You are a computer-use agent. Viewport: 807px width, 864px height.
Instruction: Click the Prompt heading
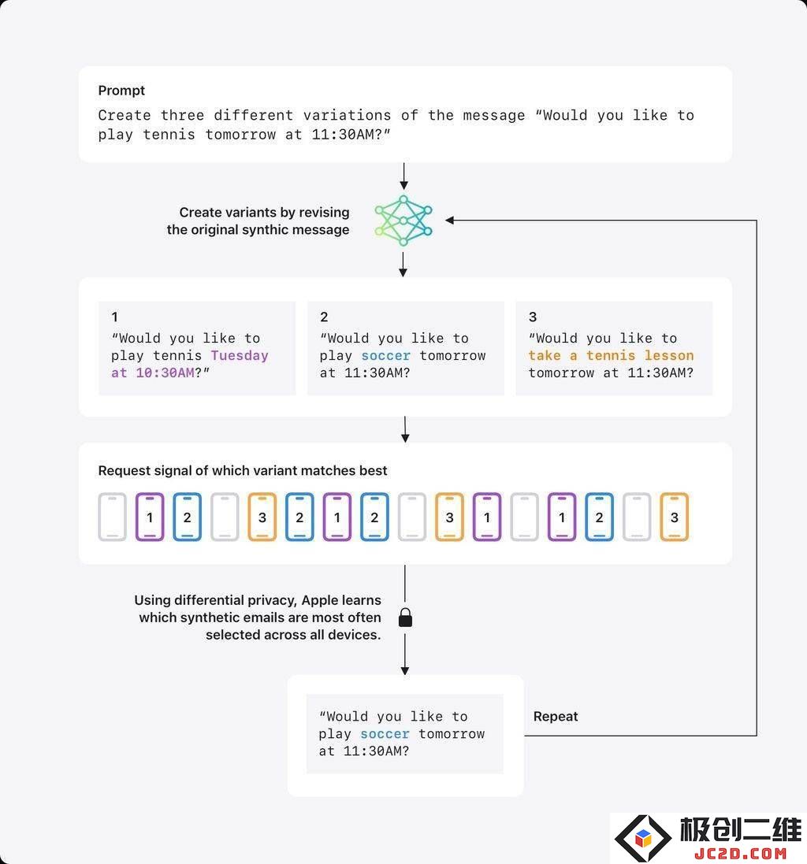[x=121, y=91]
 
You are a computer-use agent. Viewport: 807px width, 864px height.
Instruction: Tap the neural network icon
[x=403, y=221]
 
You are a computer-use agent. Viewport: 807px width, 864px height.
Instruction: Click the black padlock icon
[x=405, y=617]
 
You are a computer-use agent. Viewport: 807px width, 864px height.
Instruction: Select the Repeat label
[x=555, y=717]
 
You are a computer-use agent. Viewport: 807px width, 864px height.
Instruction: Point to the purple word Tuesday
[x=240, y=355]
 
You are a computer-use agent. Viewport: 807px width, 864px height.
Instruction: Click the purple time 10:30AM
[x=165, y=373]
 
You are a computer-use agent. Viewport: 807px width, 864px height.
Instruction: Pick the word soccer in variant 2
[x=386, y=355]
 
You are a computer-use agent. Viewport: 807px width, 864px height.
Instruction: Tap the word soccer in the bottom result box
[x=385, y=734]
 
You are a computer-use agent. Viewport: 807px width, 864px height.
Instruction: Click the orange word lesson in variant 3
[x=668, y=355]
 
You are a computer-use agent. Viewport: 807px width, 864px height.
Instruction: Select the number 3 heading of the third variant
[x=533, y=317]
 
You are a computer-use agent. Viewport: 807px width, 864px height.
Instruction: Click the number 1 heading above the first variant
[x=114, y=317]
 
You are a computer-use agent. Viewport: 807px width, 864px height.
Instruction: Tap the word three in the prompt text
[x=183, y=115]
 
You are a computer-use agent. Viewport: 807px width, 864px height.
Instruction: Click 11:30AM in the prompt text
[x=343, y=135]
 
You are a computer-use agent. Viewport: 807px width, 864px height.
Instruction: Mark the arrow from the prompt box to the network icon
[x=404, y=176]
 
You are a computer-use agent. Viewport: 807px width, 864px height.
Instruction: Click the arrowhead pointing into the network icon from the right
[x=450, y=221]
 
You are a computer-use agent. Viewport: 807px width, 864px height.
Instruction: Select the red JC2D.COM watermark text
[x=740, y=853]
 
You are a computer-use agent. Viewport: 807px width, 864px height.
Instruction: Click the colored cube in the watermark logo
[x=643, y=839]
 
